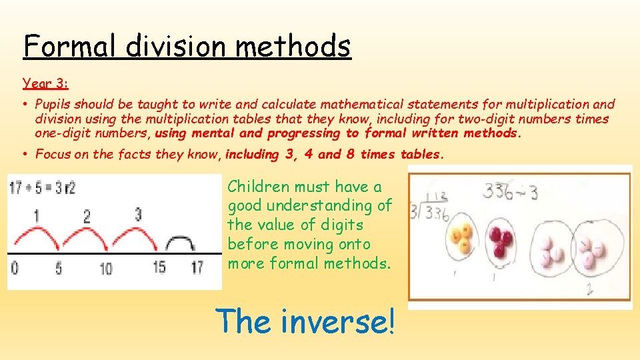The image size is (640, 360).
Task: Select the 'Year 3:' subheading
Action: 45,84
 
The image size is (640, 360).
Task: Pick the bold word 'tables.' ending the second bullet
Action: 421,155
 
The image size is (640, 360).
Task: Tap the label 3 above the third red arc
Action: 137,215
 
